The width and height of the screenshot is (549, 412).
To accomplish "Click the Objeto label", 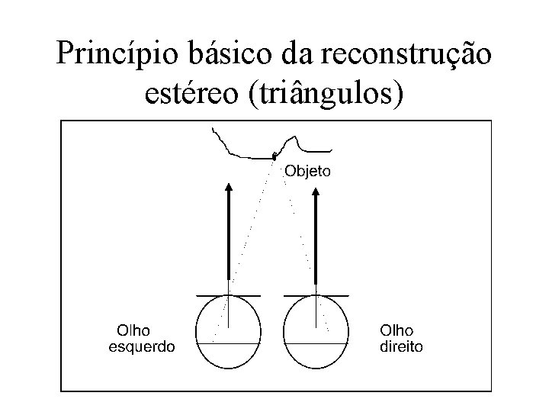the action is tap(308, 171).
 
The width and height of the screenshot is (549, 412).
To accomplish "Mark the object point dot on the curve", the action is tap(274, 156).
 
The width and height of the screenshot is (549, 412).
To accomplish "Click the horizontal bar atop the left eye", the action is tap(229, 295).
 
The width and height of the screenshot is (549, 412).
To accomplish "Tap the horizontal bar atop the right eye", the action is tap(316, 295).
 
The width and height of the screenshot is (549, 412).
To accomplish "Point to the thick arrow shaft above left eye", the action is tap(229, 237).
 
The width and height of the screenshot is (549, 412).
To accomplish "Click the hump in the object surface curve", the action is tap(292, 138).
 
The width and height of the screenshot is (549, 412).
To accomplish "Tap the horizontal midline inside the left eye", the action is tap(229, 343).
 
